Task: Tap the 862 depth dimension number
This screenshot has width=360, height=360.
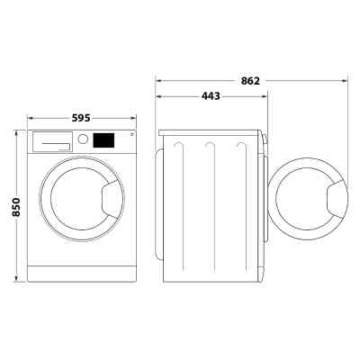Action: (251, 80)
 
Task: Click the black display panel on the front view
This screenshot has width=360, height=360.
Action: (104, 141)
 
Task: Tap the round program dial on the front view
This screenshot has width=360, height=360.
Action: (84, 139)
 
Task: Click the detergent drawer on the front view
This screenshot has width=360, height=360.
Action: (53, 141)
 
